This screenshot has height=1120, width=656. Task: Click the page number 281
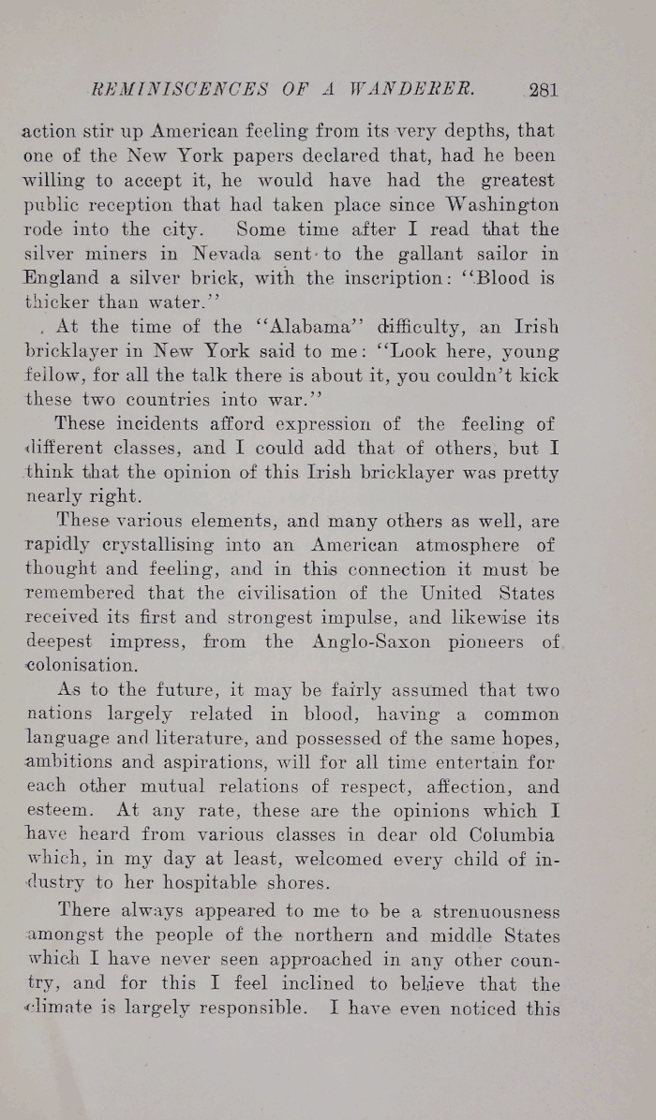[x=544, y=91]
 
